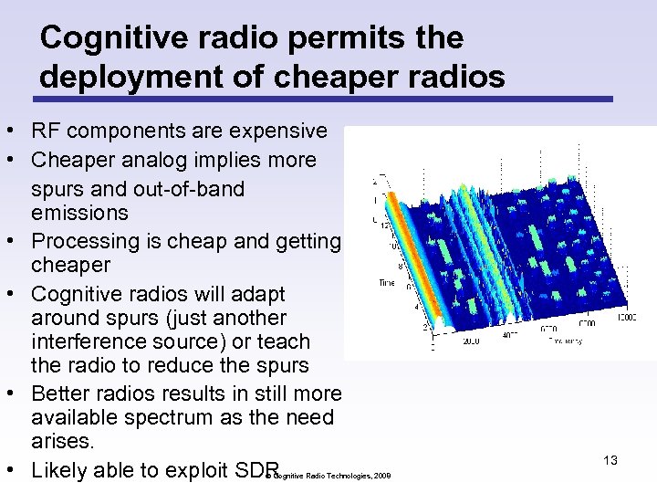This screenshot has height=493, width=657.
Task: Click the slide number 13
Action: pyautogui.click(x=610, y=460)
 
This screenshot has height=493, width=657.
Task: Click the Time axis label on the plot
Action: pyautogui.click(x=387, y=284)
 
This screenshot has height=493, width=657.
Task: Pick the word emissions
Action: pyautogui.click(x=79, y=213)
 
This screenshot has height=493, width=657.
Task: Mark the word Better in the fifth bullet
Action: pyautogui.click(x=62, y=393)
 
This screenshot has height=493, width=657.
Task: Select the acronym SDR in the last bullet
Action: pyautogui.click(x=257, y=470)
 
